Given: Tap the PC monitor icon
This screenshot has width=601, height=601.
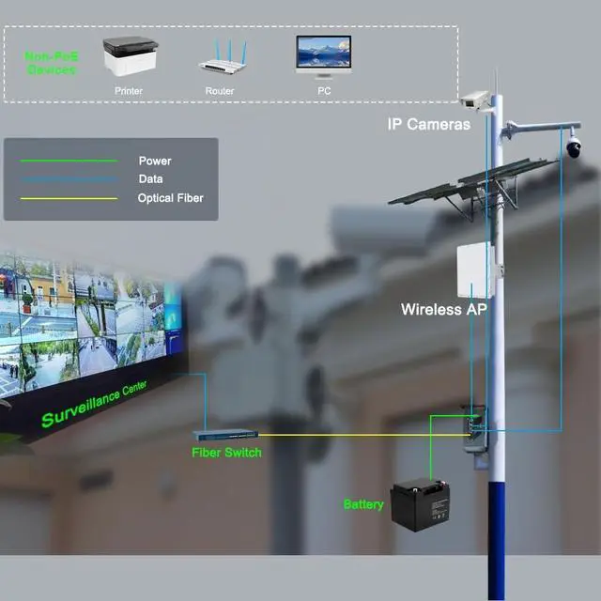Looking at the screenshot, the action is point(323,58).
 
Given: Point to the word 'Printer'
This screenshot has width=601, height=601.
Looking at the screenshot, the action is point(129,91).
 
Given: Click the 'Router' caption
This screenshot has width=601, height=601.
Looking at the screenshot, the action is point(219,91).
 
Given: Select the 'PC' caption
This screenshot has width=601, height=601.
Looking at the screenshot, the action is point(324,91).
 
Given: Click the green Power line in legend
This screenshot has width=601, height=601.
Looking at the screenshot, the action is point(62,161).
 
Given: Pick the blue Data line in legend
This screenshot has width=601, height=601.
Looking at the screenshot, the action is point(62,179).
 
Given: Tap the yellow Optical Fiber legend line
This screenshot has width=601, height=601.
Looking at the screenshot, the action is point(62,198).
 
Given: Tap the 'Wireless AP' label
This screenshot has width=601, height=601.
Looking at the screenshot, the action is point(443,309).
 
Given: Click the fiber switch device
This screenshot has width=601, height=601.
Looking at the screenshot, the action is point(225,435).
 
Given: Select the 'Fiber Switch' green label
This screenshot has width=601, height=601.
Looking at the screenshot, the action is point(226,453).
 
